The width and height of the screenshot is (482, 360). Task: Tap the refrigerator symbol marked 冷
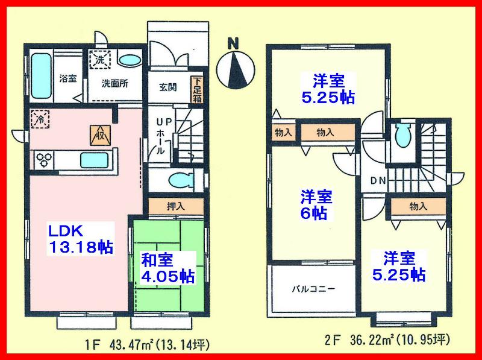(x=41, y=118)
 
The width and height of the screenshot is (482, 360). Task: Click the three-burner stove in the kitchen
(x=45, y=160)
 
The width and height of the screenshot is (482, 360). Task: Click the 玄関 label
(x=168, y=87)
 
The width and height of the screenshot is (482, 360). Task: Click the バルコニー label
(x=315, y=289)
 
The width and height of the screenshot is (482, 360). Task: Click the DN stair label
(x=377, y=180)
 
